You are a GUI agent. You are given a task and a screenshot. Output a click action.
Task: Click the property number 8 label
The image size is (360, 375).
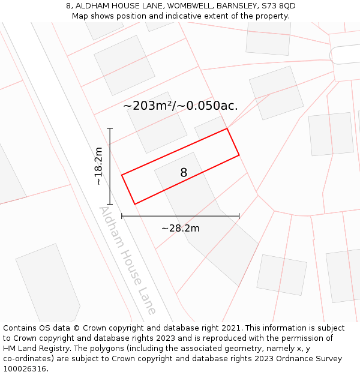184,173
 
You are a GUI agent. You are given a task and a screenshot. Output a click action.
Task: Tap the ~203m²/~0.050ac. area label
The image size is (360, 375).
181,106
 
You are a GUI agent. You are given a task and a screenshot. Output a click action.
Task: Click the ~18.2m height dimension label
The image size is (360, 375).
98,166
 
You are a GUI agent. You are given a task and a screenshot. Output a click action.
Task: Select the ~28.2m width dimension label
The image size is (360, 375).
181,228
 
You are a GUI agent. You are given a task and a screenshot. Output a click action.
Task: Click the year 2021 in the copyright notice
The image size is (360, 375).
231,328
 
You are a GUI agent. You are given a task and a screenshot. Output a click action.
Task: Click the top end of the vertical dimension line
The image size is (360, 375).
110,128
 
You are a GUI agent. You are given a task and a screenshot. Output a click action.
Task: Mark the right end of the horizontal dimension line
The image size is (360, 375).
239,216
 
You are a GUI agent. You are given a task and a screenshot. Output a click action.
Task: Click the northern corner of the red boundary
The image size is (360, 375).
227,128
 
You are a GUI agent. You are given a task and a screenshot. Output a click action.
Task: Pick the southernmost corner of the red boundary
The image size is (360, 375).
134,204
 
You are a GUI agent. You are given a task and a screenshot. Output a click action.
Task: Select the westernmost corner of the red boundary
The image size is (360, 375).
122,175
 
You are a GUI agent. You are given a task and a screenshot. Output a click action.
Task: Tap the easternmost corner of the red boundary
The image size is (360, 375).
239,155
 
